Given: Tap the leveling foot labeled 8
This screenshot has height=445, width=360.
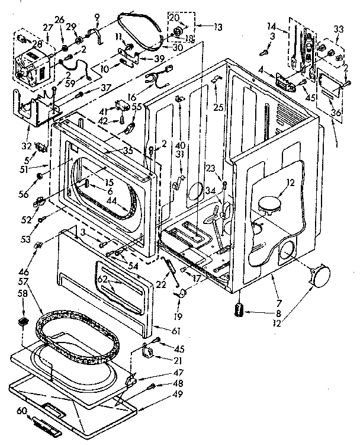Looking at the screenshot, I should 239,310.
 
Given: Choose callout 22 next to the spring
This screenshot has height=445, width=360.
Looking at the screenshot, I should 160,284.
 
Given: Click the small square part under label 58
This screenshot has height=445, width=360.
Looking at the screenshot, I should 24,321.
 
